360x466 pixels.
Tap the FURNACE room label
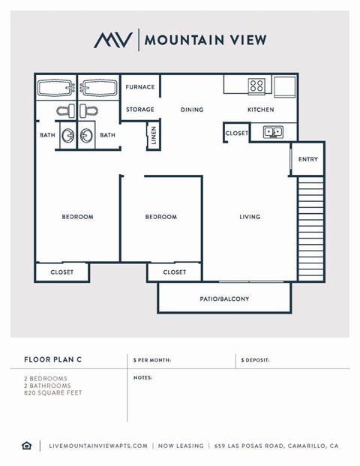(140, 87)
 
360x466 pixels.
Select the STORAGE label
(140, 110)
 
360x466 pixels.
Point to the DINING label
(192, 110)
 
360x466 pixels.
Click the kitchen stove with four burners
(256, 86)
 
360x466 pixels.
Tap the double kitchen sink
(271, 133)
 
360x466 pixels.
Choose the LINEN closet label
(154, 137)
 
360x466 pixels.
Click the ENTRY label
(307, 159)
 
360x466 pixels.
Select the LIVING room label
(250, 217)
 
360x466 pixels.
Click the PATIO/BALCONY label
(225, 299)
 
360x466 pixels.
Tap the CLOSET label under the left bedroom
(62, 272)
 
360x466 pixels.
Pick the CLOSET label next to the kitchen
(236, 133)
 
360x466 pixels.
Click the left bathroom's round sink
(68, 136)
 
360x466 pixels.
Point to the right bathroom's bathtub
(97, 89)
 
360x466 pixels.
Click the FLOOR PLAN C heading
(51, 360)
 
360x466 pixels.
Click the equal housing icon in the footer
(27, 446)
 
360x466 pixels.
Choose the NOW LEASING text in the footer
(180, 446)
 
